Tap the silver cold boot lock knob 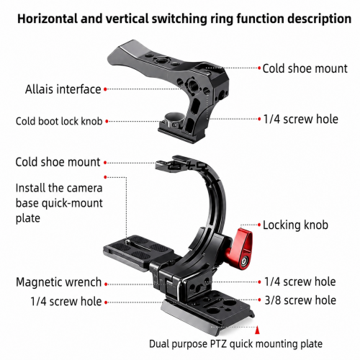click(174, 120)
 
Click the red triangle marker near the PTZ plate click(257, 330)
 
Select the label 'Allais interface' click(63, 89)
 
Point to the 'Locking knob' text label click(295, 225)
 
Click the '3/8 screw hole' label click(300, 300)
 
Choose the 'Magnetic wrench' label click(58, 282)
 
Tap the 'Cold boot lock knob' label click(59, 121)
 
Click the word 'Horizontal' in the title click(48, 19)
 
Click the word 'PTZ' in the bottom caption click(218, 344)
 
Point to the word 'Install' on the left click(30, 188)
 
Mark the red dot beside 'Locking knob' click(259, 225)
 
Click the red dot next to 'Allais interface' click(105, 89)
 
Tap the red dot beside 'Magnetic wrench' click(106, 284)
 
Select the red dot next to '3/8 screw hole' click(259, 300)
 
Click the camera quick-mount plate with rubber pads click(139, 251)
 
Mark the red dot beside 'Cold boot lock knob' click(107, 122)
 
